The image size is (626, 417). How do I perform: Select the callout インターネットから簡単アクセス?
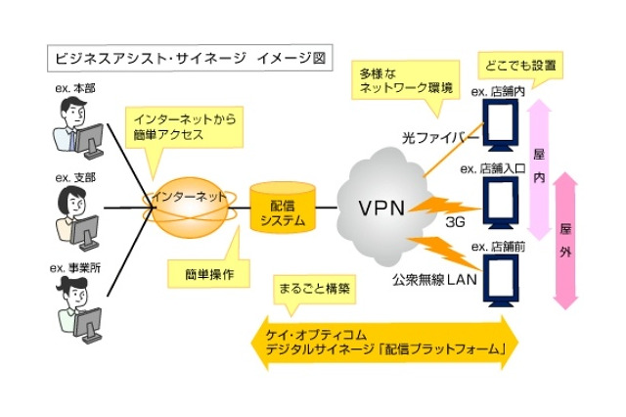pyautogui.click(x=187, y=127)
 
